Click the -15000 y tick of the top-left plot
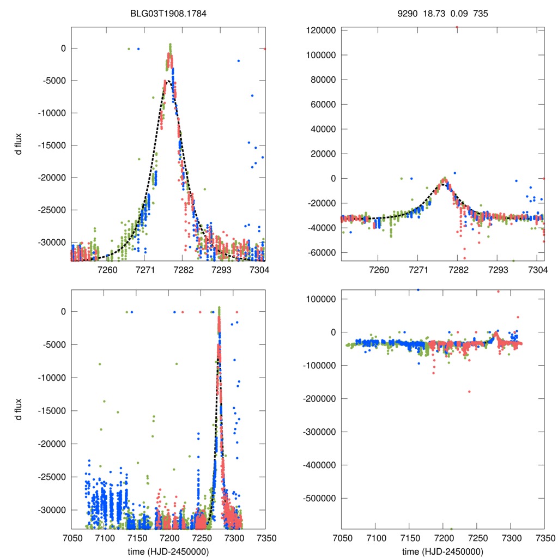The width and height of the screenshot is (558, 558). pyautogui.click(x=52, y=145)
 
